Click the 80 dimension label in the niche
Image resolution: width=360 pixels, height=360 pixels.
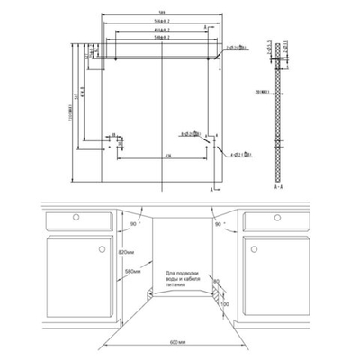(x=215, y=282)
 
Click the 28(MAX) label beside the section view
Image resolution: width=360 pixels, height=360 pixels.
(x=265, y=91)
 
